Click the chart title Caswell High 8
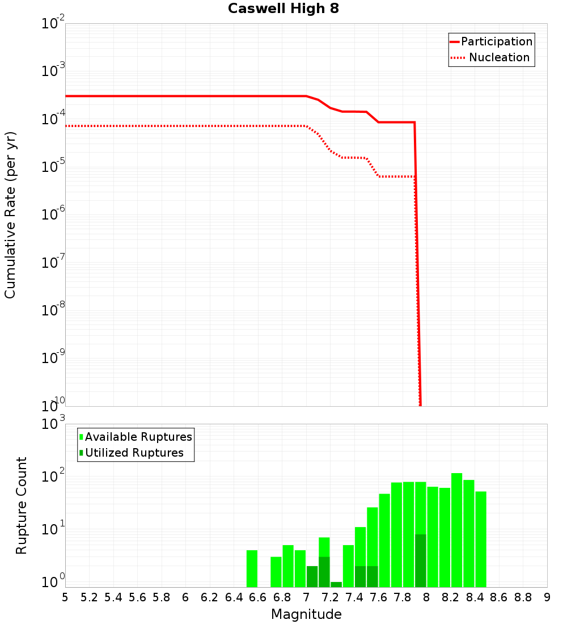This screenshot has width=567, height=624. point(283,9)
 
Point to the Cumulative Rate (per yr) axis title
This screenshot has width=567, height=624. point(10,215)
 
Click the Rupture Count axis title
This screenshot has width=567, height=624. point(22,505)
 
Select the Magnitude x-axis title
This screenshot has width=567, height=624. point(306,614)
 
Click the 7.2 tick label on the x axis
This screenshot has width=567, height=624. point(330,597)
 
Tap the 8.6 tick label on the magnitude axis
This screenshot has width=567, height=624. point(499,597)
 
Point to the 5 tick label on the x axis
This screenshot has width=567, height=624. point(65,597)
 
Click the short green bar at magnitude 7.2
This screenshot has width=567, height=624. point(336,584)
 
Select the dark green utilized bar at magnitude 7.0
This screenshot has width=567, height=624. point(312,576)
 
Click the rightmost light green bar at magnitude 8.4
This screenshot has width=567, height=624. point(481,539)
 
